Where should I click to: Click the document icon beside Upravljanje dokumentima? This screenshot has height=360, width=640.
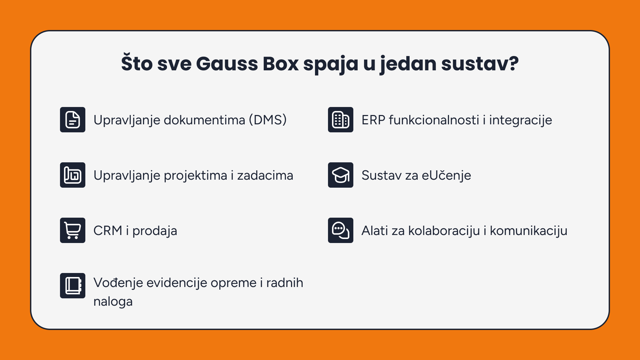tap(73, 120)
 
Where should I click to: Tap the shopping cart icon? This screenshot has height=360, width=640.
tap(73, 230)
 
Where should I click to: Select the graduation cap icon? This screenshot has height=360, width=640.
tap(341, 175)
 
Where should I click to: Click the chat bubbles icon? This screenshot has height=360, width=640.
tap(341, 230)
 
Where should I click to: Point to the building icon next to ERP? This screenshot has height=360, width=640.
tap(341, 120)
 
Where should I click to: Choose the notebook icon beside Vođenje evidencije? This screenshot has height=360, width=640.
tap(73, 286)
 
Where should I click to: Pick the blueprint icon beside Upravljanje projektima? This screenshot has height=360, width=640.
tap(73, 175)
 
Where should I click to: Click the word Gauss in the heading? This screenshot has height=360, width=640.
tap(227, 64)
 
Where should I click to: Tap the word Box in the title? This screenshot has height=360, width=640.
tap(281, 64)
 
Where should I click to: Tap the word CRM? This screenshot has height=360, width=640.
tap(108, 231)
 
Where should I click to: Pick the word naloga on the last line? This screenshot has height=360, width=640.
tap(113, 302)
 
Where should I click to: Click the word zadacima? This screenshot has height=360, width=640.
tap(265, 175)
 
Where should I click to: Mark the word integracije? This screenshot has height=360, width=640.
tap(521, 120)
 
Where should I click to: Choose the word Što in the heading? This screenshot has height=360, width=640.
tap(137, 63)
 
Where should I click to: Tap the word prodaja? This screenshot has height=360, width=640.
tap(155, 231)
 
